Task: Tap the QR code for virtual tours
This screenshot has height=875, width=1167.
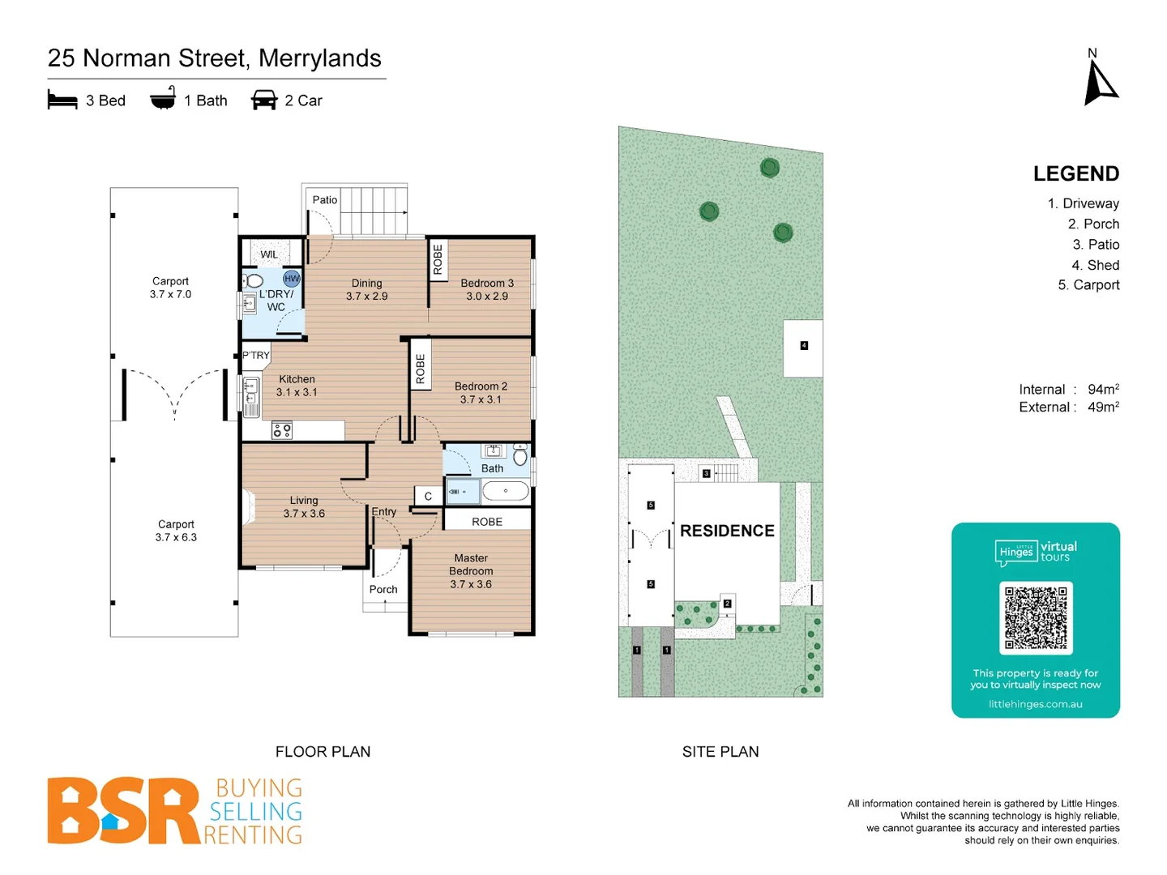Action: pos(1036,617)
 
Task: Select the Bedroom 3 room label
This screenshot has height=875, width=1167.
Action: pos(487,289)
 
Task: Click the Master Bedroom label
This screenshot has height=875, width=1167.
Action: pos(471,570)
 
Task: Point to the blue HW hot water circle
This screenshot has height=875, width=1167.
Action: pos(292,278)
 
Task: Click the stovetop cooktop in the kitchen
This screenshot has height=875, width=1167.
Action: pos(282,430)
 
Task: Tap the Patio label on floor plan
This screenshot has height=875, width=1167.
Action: pos(325,200)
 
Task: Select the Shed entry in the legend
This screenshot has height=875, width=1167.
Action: pos(1095,265)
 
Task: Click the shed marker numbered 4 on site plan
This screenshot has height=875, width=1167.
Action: pos(804,346)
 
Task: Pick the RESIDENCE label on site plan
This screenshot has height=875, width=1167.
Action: pos(727,531)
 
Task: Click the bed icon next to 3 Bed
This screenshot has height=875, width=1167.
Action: pos(62,100)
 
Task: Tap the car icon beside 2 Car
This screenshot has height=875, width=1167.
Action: pos(264,100)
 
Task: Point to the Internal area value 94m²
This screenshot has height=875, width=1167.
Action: pos(1103,390)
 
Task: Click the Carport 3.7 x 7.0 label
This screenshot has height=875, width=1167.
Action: pos(170,288)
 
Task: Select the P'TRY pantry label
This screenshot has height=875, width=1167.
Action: pos(256,355)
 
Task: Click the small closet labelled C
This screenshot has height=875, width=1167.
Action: pos(428,497)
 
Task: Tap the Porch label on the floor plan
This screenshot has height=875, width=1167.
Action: pos(383,589)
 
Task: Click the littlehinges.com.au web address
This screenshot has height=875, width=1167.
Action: pos(1035,704)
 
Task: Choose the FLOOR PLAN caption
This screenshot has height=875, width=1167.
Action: pos(323,752)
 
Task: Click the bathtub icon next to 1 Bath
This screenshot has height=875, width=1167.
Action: pos(163,99)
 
